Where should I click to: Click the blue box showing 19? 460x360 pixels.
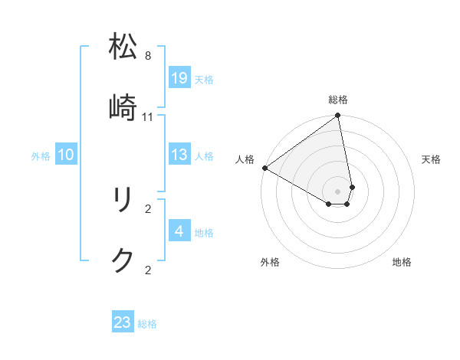point(179,78)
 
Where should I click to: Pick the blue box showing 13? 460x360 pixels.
point(179,155)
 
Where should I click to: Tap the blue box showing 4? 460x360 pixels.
point(179,231)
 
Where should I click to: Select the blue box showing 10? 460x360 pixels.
point(66,155)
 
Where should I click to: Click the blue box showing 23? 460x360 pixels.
point(123,322)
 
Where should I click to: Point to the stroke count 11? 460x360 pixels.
point(148,116)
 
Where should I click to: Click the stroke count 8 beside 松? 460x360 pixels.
point(148,56)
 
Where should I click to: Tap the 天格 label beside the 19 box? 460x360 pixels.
point(204,79)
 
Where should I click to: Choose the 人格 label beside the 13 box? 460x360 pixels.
point(204,156)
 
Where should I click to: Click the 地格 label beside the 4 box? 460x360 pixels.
point(204,232)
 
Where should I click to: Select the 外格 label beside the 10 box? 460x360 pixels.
point(41,156)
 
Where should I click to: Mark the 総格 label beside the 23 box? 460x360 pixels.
point(147,323)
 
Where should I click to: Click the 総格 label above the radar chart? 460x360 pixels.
point(338,100)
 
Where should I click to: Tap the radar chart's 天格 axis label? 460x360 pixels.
point(432,159)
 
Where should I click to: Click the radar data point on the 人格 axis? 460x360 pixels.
point(264,168)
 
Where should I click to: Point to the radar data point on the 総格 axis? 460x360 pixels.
point(337,116)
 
